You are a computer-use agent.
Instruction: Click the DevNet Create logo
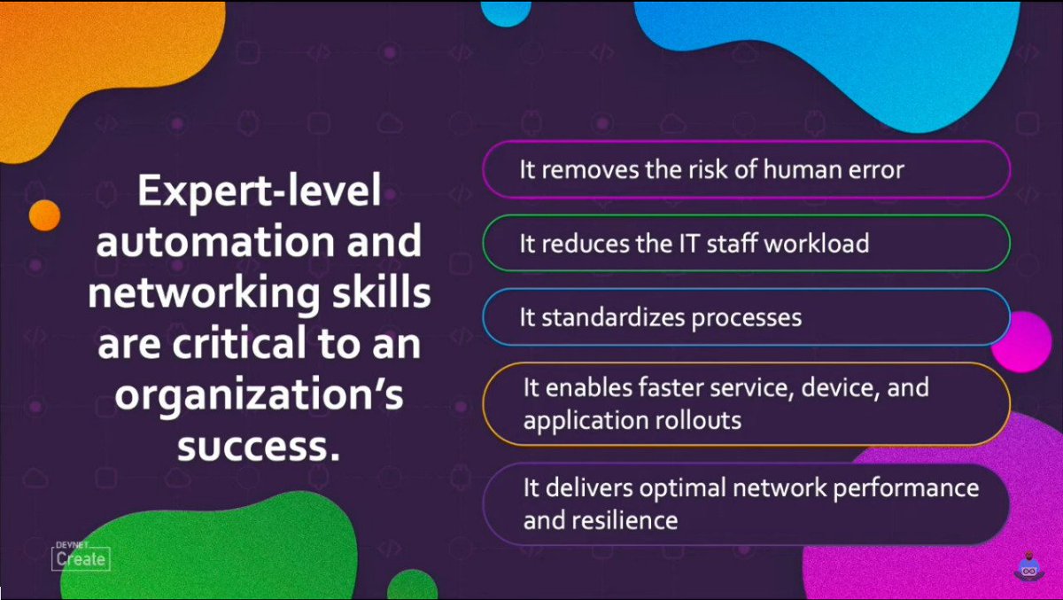81,553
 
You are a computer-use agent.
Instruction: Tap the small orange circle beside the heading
43,214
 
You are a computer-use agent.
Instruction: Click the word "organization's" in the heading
258,395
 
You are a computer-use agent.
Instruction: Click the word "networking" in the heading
183,294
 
